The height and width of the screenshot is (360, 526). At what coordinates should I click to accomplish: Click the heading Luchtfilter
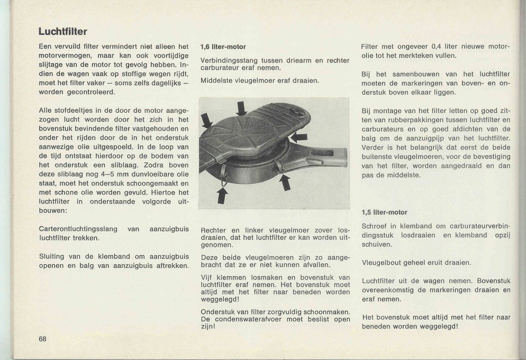62,31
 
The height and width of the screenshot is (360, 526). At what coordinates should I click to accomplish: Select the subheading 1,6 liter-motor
223,47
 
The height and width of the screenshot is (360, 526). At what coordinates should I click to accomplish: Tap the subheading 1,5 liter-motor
385,212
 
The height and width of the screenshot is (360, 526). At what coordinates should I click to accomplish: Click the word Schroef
374,226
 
